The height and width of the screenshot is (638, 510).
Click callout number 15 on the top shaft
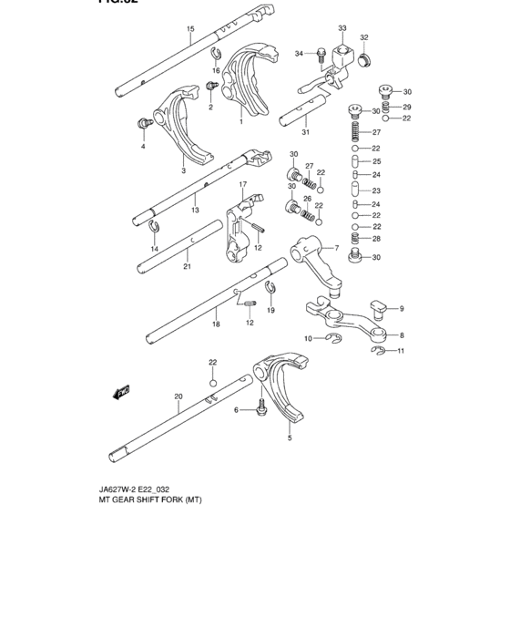pos(190,29)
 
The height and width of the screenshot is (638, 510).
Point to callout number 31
pos(306,132)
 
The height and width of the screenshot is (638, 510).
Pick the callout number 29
pos(407,107)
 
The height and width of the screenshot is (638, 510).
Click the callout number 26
pos(307,199)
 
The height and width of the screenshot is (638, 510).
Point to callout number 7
pos(336,249)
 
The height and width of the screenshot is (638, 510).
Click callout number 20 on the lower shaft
pos(178,396)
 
